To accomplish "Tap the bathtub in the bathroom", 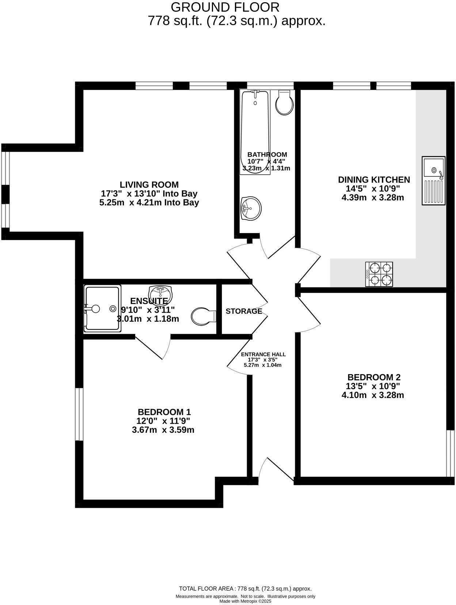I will pyautogui.click(x=255, y=132).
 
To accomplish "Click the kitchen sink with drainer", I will pyautogui.click(x=434, y=180).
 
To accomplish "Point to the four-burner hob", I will pyautogui.click(x=379, y=274).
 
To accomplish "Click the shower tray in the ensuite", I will pyautogui.click(x=102, y=309).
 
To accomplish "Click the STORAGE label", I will pyautogui.click(x=244, y=311).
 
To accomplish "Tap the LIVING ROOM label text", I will pyautogui.click(x=149, y=184).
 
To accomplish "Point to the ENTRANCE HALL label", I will pyautogui.click(x=263, y=354).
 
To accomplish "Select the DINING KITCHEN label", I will pyautogui.click(x=374, y=180).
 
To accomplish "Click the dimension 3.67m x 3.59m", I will pyautogui.click(x=163, y=430).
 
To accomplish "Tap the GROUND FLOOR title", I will pyautogui.click(x=225, y=7).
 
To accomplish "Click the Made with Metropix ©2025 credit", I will pyautogui.click(x=245, y=601).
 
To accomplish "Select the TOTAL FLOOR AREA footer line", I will pyautogui.click(x=245, y=589).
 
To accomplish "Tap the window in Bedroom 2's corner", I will pyautogui.click(x=450, y=453).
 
